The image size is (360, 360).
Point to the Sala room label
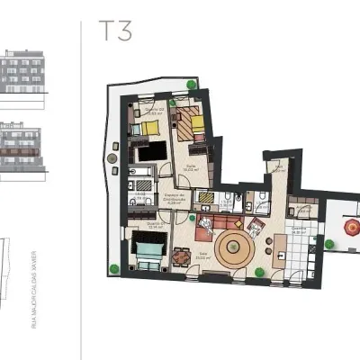coord(202,254)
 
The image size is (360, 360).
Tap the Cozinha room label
coord(297,229)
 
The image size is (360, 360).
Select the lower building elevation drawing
coord(22,148)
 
